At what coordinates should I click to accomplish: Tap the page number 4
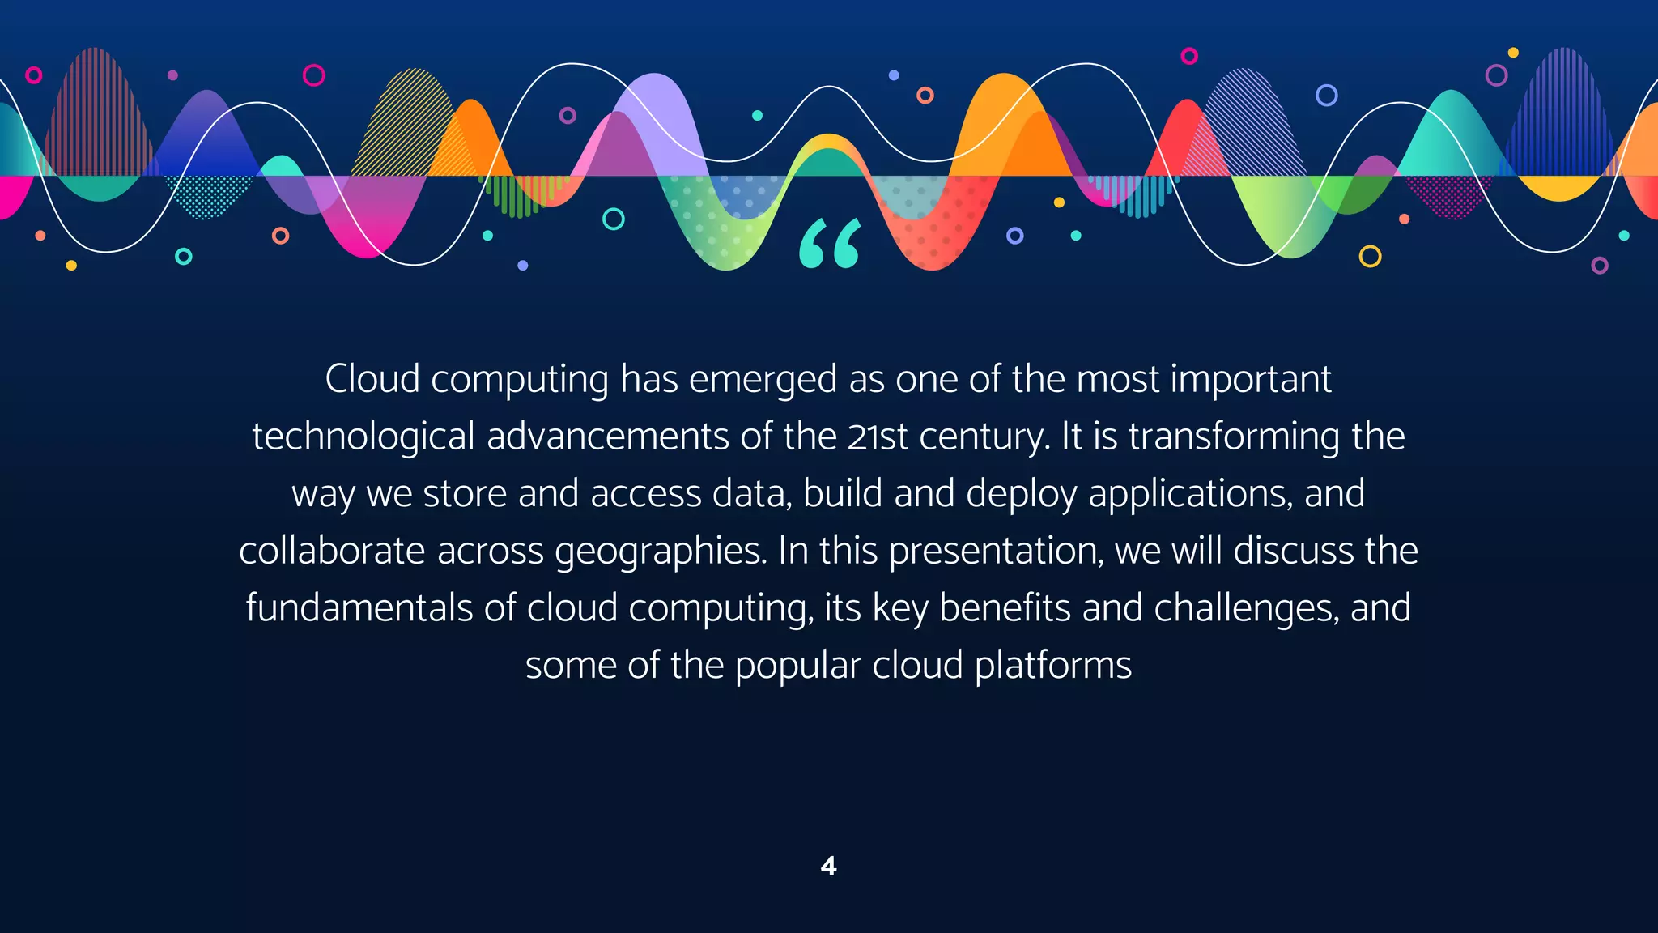point(828,867)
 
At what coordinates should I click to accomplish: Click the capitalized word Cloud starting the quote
point(372,379)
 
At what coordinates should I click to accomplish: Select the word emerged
point(763,379)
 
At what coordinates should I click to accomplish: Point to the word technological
point(363,437)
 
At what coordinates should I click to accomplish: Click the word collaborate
point(332,551)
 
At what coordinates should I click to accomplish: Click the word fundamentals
point(359,608)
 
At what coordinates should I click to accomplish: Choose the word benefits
point(1005,608)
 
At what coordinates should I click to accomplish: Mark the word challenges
point(1247,608)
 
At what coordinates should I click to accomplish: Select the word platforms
point(1052,666)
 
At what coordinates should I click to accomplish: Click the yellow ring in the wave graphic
point(1370,257)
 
